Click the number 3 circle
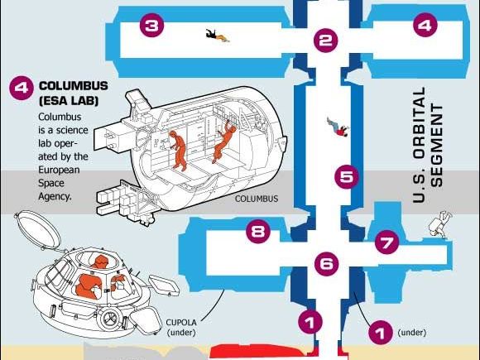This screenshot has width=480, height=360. coord(151,25)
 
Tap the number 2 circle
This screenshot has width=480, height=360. coord(325,40)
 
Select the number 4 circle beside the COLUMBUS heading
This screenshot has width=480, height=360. coord(22,88)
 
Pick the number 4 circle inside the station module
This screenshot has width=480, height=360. coord(425,25)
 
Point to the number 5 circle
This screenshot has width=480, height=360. coord(347,176)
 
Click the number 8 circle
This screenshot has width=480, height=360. coord(258,231)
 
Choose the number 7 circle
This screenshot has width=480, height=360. coord(387,242)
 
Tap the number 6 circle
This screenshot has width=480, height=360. coord(327,263)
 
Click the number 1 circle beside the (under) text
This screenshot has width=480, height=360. coord(381,332)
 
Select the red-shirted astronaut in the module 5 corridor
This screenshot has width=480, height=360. coord(338,127)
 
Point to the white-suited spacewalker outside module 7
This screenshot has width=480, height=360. coord(440,224)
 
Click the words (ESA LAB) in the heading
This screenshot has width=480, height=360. coord(69,101)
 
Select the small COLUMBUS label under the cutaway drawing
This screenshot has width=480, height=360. coord(257,199)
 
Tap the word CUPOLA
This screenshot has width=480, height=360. coord(181,323)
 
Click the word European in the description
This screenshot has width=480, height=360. coord(59,170)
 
